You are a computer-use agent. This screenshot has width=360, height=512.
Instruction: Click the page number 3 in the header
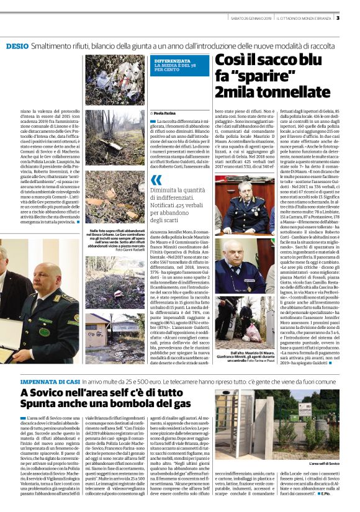tap(354, 18)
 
